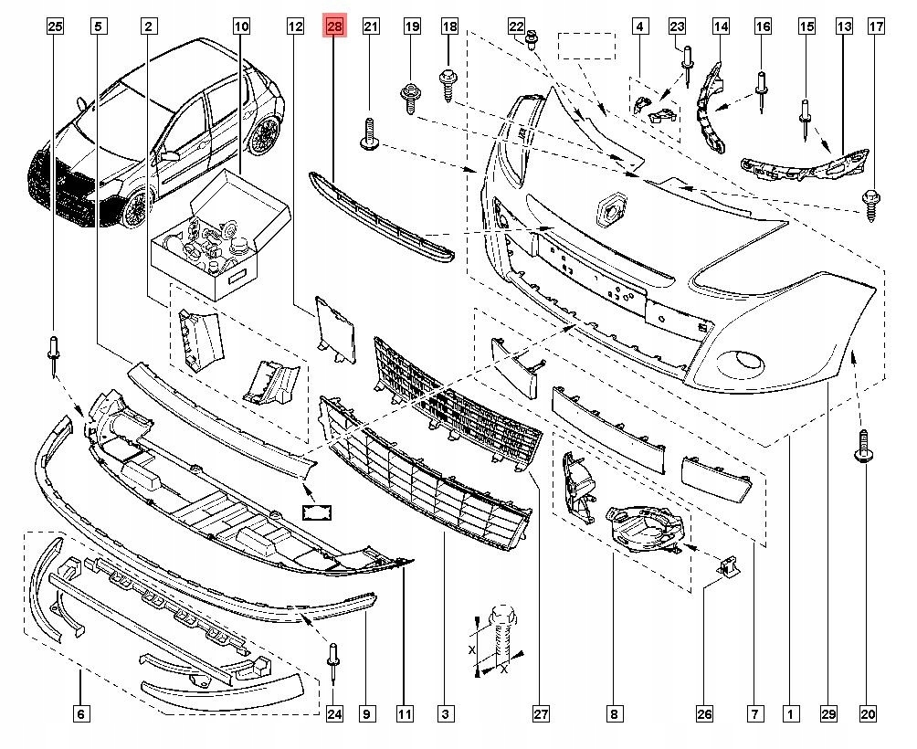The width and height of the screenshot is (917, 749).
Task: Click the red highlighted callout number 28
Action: tap(334, 27)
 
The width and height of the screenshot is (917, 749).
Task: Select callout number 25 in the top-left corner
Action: tap(55, 27)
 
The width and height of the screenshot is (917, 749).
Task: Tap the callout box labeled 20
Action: tap(867, 713)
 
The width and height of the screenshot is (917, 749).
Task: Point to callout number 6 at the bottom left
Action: tap(80, 713)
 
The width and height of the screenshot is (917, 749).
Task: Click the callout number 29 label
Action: tap(827, 713)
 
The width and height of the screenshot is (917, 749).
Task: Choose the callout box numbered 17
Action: tap(876, 27)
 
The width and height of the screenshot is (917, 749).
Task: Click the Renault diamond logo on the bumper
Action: tap(610, 209)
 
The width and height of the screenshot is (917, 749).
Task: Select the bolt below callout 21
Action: tap(370, 133)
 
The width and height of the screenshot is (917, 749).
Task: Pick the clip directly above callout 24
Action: tap(333, 664)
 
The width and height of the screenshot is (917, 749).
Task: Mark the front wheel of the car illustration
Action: tap(135, 208)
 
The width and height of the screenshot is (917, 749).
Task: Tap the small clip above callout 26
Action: tap(728, 567)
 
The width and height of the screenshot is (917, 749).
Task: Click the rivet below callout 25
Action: tap(55, 352)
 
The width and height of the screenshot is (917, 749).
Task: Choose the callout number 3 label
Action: tap(445, 713)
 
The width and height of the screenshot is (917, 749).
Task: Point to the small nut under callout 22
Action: tap(533, 38)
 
